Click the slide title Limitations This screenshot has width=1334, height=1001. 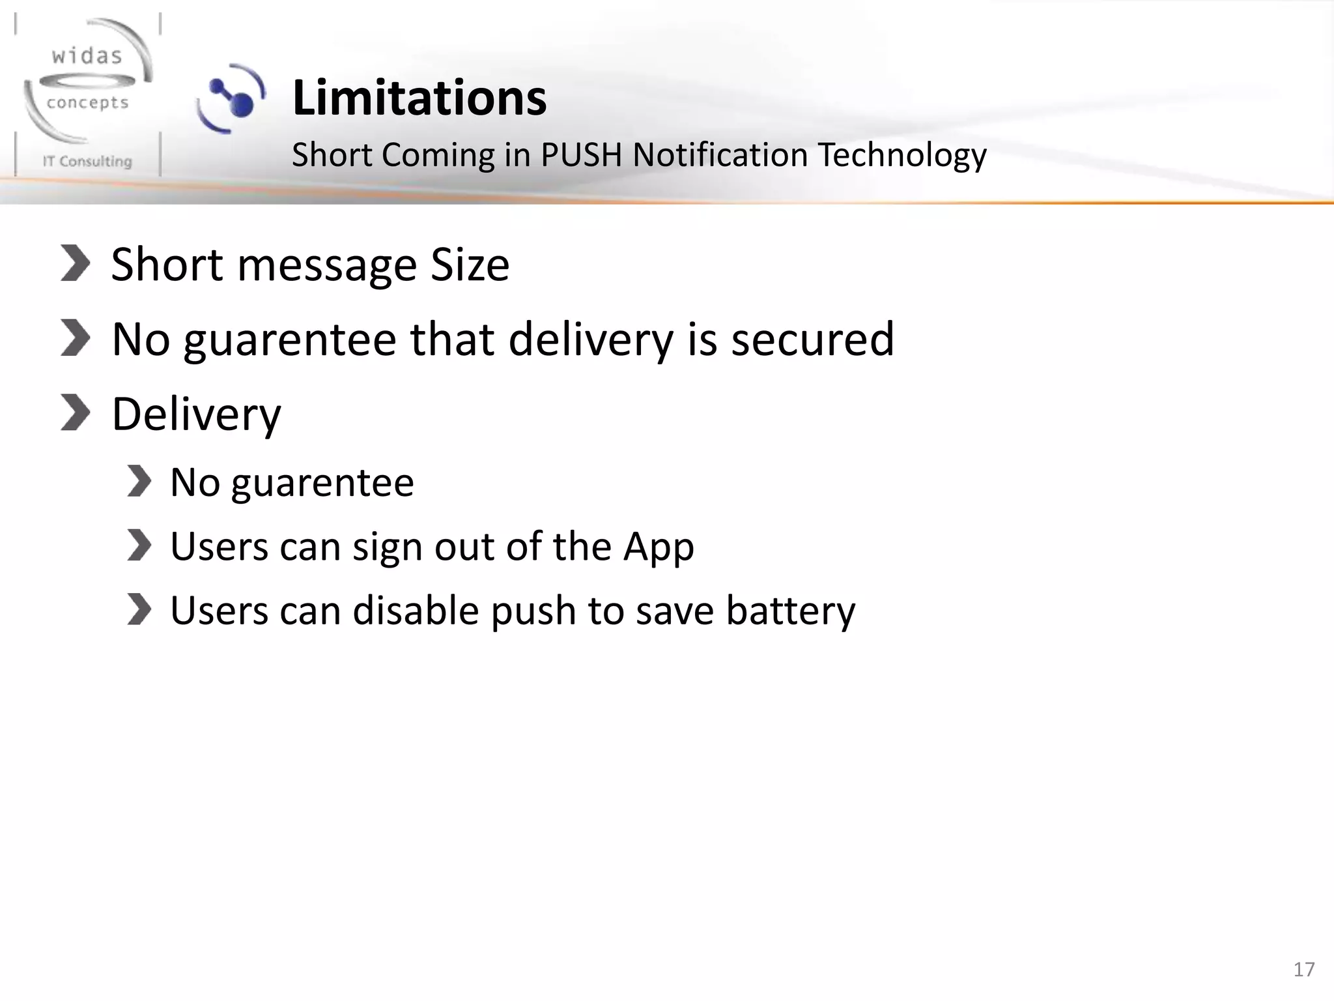coord(419,98)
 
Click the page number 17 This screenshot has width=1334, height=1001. coord(1304,969)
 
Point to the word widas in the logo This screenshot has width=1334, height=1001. coord(87,56)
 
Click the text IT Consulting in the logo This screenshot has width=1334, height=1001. coord(87,161)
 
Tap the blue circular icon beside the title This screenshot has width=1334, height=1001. coord(232,98)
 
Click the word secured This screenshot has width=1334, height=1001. coord(812,339)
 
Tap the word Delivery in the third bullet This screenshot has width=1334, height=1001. coord(196,414)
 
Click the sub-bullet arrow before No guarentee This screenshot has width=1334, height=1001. coord(139,482)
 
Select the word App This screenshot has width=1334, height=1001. coord(659,547)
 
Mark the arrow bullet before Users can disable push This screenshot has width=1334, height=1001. coord(139,610)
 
